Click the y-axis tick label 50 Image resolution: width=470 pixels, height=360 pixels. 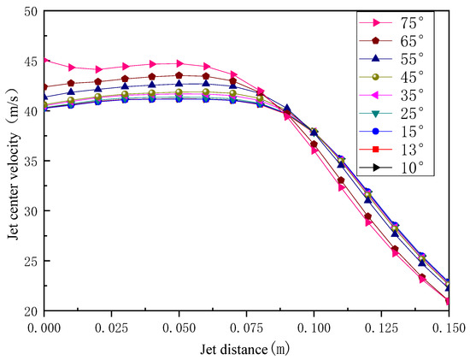click(x=30, y=12)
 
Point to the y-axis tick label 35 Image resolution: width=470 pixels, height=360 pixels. click(x=30, y=161)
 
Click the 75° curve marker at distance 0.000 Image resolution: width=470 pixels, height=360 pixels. click(x=44, y=61)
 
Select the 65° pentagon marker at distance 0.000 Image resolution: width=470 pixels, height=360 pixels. click(x=44, y=87)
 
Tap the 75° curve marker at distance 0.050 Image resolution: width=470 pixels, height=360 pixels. click(x=179, y=63)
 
